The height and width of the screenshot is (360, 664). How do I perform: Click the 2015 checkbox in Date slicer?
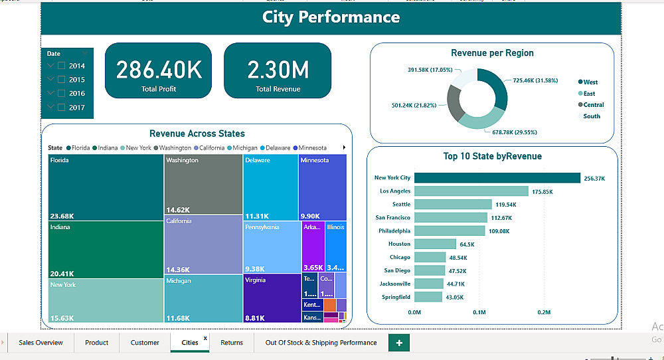[x=62, y=80]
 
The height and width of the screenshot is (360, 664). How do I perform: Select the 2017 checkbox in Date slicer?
[x=62, y=107]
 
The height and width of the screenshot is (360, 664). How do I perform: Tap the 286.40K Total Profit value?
[x=159, y=70]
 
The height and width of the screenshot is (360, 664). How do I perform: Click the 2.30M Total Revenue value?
[x=278, y=70]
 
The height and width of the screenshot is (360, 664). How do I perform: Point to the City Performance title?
[x=331, y=17]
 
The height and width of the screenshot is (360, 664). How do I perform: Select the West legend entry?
[x=590, y=82]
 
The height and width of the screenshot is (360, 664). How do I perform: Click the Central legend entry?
[x=593, y=105]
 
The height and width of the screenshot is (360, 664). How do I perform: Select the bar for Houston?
[x=436, y=244]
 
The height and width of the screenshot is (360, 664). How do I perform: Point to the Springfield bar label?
[x=396, y=297]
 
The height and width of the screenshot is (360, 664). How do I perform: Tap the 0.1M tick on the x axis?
[x=479, y=312]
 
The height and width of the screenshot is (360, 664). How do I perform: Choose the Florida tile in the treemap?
[x=106, y=187]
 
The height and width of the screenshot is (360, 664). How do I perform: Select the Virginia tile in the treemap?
[x=272, y=298]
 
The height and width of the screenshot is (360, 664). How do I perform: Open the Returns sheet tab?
[x=232, y=343]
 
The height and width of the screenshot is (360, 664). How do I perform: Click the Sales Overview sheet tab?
[x=41, y=343]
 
